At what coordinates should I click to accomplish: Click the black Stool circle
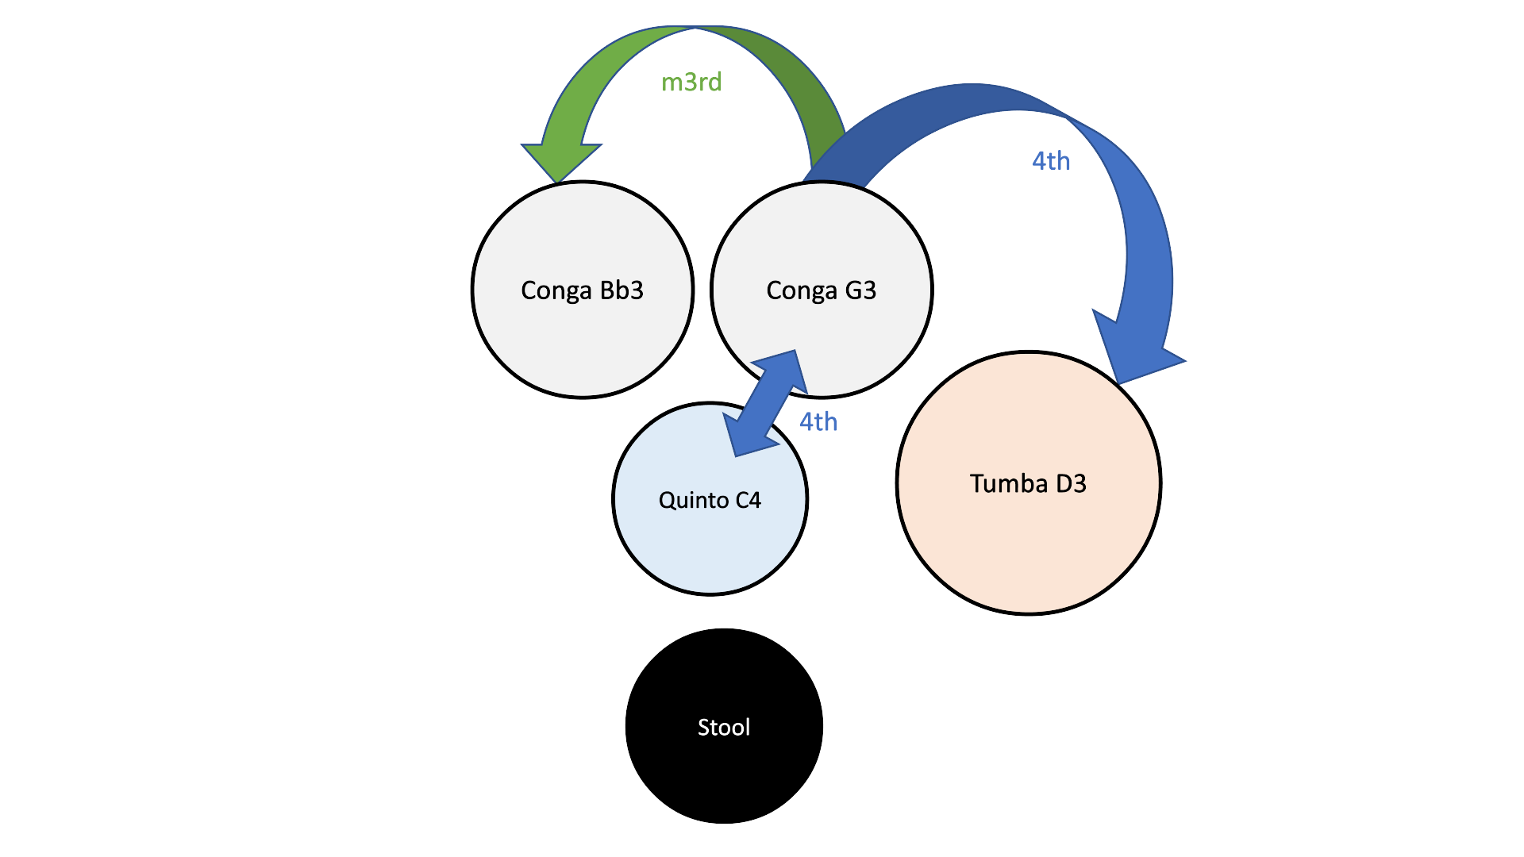[724, 762]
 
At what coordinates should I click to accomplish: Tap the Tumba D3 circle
[1028, 532]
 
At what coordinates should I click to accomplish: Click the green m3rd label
[691, 82]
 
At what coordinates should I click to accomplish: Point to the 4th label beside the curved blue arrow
[1051, 161]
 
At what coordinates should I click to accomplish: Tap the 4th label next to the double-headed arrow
[818, 421]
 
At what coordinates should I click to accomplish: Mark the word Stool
[724, 727]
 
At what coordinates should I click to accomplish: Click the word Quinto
[693, 501]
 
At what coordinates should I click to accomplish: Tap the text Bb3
[622, 290]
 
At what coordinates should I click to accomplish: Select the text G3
[860, 290]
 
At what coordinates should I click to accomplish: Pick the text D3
[1071, 483]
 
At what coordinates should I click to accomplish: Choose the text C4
[749, 501]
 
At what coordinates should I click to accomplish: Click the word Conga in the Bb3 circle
[556, 290]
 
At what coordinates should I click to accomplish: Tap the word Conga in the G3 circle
[802, 290]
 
